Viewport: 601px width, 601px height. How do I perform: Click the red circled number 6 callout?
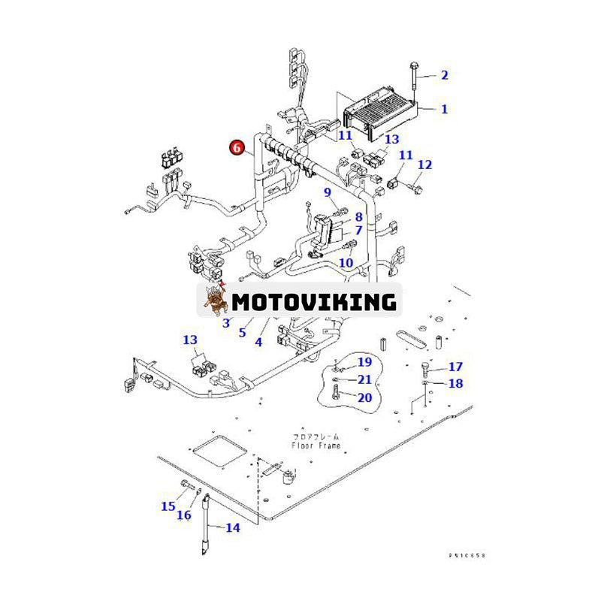pyautogui.click(x=237, y=147)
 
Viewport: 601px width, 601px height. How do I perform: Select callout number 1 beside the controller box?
pyautogui.click(x=444, y=109)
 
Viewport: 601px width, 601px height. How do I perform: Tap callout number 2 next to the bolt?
pyautogui.click(x=444, y=74)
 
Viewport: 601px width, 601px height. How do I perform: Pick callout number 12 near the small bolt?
pyautogui.click(x=424, y=165)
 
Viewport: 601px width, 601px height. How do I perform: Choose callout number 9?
pyautogui.click(x=328, y=193)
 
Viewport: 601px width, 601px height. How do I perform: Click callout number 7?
pyautogui.click(x=358, y=230)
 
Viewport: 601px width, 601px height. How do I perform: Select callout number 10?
pyautogui.click(x=346, y=262)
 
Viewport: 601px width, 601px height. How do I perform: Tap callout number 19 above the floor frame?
pyautogui.click(x=364, y=362)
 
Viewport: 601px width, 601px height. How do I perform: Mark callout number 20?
pyautogui.click(x=364, y=397)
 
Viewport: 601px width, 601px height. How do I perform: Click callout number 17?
pyautogui.click(x=455, y=367)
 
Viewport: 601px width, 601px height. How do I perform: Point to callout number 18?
pyautogui.click(x=455, y=383)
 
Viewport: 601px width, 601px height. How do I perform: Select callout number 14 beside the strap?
pyautogui.click(x=233, y=527)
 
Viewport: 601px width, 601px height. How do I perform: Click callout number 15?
pyautogui.click(x=168, y=506)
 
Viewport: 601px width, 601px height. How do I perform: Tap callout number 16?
pyautogui.click(x=184, y=515)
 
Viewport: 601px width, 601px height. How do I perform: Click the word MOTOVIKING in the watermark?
pyautogui.click(x=313, y=302)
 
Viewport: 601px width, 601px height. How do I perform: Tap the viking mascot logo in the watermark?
pyautogui.click(x=214, y=300)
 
